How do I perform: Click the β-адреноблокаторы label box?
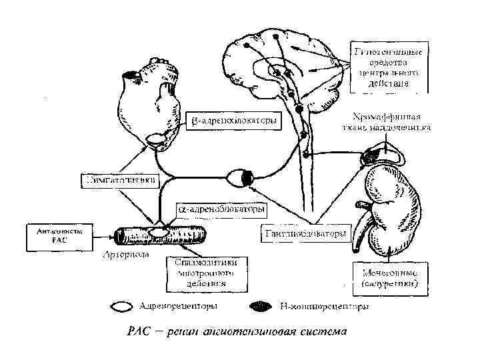pyautogui.click(x=232, y=122)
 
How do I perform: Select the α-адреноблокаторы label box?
pyautogui.click(x=221, y=210)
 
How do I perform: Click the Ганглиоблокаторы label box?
pyautogui.click(x=305, y=234)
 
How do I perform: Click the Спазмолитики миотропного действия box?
pyautogui.click(x=204, y=273)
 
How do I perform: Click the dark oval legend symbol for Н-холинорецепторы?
pyautogui.click(x=260, y=307)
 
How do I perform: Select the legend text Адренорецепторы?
pyautogui.click(x=177, y=307)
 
